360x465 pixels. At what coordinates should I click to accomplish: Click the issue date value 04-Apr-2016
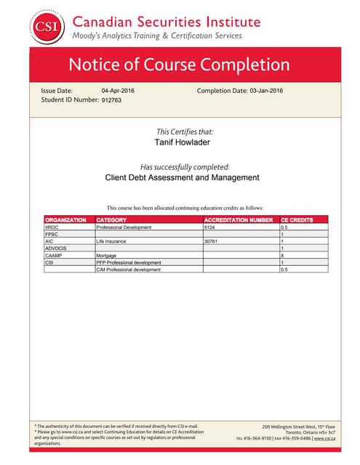click(118, 90)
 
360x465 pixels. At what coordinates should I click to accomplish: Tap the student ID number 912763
click(111, 100)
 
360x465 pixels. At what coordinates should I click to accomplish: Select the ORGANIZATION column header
click(65, 219)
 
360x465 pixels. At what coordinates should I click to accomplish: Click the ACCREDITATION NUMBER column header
click(238, 219)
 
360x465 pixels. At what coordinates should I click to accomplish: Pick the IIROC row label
click(52, 227)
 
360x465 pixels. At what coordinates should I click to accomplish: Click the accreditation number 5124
click(212, 227)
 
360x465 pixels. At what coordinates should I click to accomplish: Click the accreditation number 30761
click(213, 241)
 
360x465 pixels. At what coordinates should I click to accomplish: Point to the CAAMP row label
click(54, 256)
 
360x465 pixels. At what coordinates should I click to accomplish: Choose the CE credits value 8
click(283, 256)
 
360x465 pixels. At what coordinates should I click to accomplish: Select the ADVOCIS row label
click(56, 248)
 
